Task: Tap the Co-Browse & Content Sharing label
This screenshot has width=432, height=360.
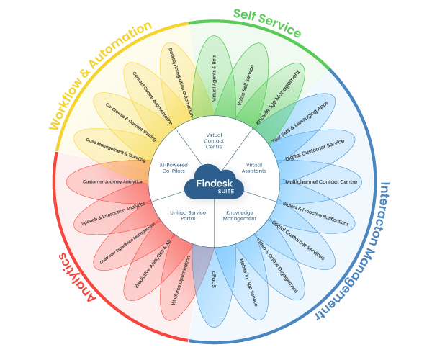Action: coord(127,124)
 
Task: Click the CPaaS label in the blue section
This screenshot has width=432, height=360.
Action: coord(214,282)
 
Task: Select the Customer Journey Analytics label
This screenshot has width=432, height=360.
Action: coord(112,181)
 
